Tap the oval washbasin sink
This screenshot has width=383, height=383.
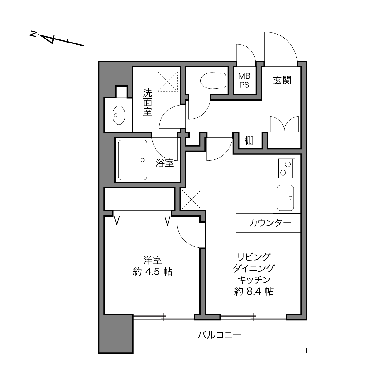pyautogui.click(x=119, y=115)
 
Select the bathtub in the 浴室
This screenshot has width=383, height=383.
pyautogui.click(x=132, y=160)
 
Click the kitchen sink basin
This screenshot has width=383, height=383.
pyautogui.click(x=285, y=198)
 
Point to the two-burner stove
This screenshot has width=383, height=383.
pyautogui.click(x=286, y=168)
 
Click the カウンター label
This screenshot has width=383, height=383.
pyautogui.click(x=270, y=223)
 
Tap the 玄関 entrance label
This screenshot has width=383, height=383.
pyautogui.click(x=282, y=80)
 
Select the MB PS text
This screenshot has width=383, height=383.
pyautogui.click(x=244, y=80)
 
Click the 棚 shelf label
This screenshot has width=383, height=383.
pyautogui.click(x=249, y=141)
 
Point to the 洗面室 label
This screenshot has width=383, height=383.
pyautogui.click(x=148, y=102)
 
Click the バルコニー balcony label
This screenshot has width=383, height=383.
pyautogui.click(x=219, y=335)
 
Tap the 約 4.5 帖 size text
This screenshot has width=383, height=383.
pyautogui.click(x=152, y=272)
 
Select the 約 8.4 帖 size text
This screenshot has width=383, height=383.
pyautogui.click(x=254, y=291)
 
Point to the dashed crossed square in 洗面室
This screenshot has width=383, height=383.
pyautogui.click(x=168, y=81)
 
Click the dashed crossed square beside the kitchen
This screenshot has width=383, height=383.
pyautogui.click(x=191, y=199)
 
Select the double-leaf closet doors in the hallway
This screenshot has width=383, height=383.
pyautogui.click(x=284, y=124)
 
